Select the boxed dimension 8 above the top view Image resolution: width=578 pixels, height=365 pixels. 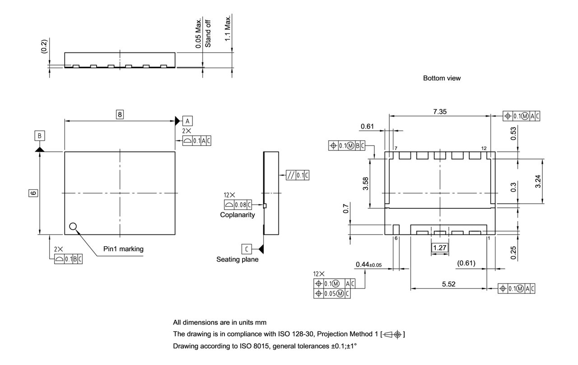120,115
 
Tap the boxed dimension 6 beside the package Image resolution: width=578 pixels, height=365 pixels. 33,193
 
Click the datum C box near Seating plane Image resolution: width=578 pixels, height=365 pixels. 247,249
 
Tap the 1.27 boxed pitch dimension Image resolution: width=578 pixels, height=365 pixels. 439,248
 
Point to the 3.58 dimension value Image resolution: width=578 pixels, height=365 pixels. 366,183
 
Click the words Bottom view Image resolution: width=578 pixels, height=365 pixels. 442,78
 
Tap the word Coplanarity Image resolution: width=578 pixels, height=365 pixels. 238,215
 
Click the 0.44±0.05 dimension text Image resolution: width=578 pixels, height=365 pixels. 368,264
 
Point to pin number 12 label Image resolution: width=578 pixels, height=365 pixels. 484,149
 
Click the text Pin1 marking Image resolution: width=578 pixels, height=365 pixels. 123,249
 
